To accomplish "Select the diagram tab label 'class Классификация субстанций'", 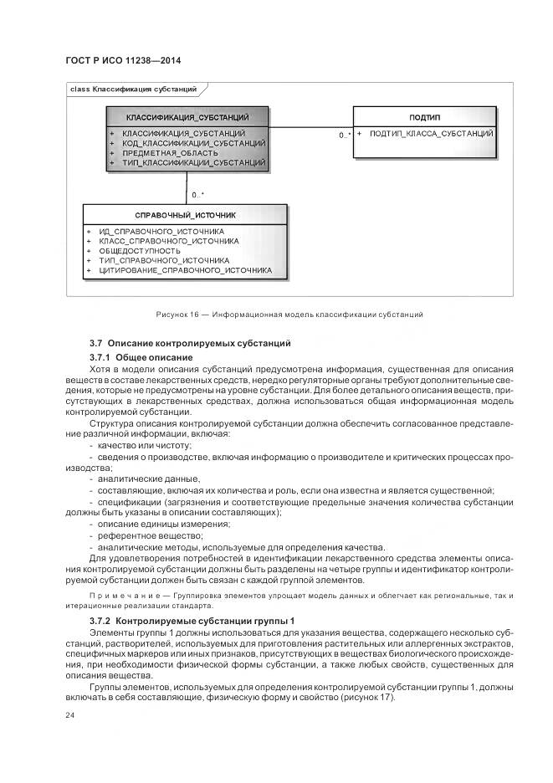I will [134, 89].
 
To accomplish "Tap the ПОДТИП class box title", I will [424, 117].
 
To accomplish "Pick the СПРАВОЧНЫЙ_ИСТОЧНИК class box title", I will [185, 215].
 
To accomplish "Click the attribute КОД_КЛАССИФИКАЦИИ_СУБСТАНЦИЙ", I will [193, 143].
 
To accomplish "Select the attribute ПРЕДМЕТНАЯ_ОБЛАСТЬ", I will [170, 153].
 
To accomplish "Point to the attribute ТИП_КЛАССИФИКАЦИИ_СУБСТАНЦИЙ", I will [193, 162].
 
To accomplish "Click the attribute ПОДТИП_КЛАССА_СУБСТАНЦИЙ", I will [431, 134].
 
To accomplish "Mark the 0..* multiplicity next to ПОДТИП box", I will [344, 135].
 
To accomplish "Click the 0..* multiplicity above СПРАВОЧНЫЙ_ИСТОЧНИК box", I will [198, 195].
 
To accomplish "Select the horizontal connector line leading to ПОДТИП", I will [310, 127].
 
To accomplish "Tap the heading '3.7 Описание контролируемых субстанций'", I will [190, 343].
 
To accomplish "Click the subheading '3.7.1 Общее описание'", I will [141, 357].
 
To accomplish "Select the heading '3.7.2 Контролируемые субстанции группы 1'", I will [192, 622].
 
